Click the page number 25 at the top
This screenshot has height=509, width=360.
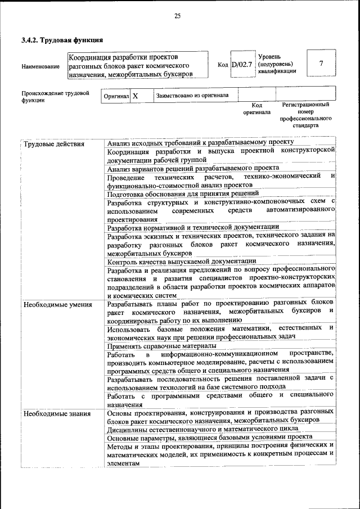(x=177, y=16)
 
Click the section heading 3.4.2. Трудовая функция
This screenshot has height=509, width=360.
(x=62, y=40)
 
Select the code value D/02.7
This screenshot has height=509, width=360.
(x=242, y=65)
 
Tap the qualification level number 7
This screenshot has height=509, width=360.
(x=321, y=64)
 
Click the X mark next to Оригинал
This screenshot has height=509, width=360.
(x=135, y=96)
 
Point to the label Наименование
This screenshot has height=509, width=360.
(x=40, y=67)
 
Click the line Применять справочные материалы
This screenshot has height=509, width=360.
(x=161, y=346)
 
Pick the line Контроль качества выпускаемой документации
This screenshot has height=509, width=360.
(x=182, y=261)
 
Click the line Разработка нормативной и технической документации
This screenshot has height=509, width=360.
(x=193, y=227)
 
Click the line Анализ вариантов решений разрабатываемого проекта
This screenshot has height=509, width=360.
(x=193, y=168)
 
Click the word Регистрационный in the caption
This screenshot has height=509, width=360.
(x=305, y=105)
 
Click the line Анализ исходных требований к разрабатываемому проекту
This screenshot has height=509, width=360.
(x=200, y=143)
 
